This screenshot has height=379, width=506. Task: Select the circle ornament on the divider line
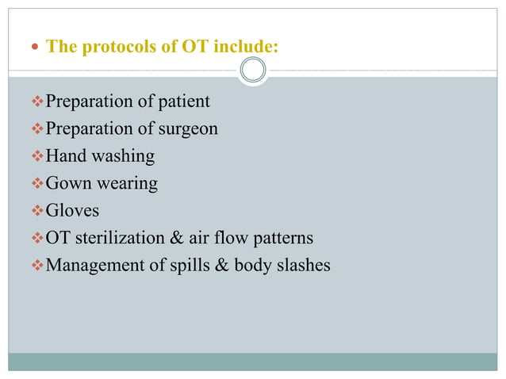(x=253, y=70)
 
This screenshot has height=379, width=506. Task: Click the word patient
(x=183, y=101)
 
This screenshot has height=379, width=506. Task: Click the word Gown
(x=69, y=183)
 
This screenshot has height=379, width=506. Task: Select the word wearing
(x=128, y=184)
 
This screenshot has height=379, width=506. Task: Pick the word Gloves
(x=73, y=210)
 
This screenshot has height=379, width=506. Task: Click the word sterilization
(x=128, y=238)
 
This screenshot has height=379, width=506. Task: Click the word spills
(x=188, y=265)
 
